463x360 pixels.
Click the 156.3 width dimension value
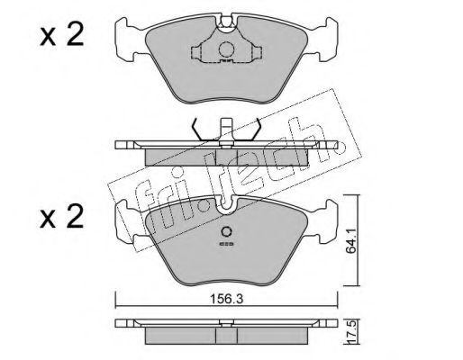point(226,299)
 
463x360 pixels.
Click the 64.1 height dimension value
point(350,240)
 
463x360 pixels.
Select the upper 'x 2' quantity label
point(61,35)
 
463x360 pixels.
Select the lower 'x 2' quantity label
point(61,217)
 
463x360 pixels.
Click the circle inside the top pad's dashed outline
point(226,49)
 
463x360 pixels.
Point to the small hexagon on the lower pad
point(226,231)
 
